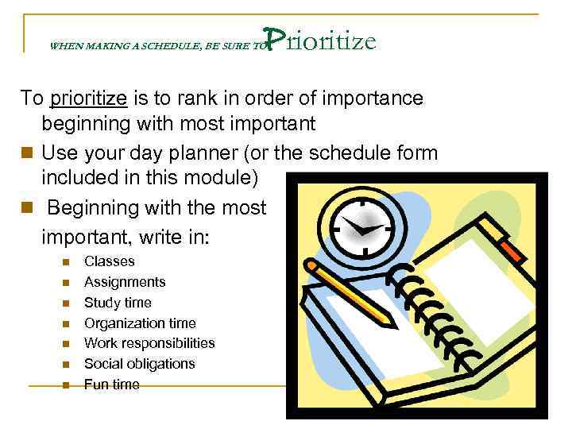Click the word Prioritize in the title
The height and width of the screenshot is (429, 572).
coord(319,40)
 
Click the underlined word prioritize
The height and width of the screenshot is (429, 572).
coord(88,99)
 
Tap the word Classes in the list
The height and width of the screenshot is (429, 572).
coord(110,261)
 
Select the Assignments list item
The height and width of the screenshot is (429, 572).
coord(125,282)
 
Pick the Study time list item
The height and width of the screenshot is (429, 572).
coord(118,303)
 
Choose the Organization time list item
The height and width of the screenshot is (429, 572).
coord(140,323)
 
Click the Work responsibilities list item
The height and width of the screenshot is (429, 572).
coord(149,343)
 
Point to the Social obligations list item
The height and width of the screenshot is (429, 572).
coord(139,364)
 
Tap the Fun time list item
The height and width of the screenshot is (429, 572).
coord(112,385)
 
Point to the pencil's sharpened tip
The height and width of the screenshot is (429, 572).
coord(392,323)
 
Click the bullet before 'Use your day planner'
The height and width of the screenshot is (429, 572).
coord(28,152)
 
